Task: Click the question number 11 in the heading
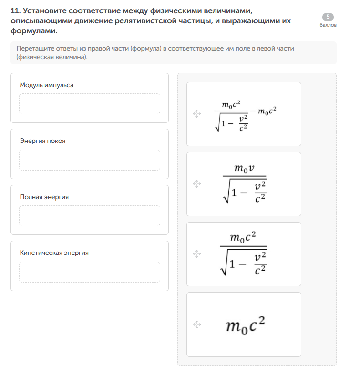pyautogui.click(x=14, y=10)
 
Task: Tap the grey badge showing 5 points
pyautogui.click(x=328, y=17)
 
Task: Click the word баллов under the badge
pyautogui.click(x=328, y=25)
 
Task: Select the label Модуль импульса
pyautogui.click(x=47, y=85)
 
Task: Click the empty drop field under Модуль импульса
pyautogui.click(x=90, y=104)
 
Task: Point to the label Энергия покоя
pyautogui.click(x=43, y=141)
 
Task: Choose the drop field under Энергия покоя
pyautogui.click(x=90, y=160)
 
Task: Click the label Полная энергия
pyautogui.click(x=44, y=197)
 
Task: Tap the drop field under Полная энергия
pyautogui.click(x=90, y=216)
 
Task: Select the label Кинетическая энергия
pyautogui.click(x=54, y=253)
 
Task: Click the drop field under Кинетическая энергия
pyautogui.click(x=90, y=272)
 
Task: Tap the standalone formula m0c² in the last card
pyautogui.click(x=245, y=326)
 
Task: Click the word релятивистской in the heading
pyautogui.click(x=143, y=21)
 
